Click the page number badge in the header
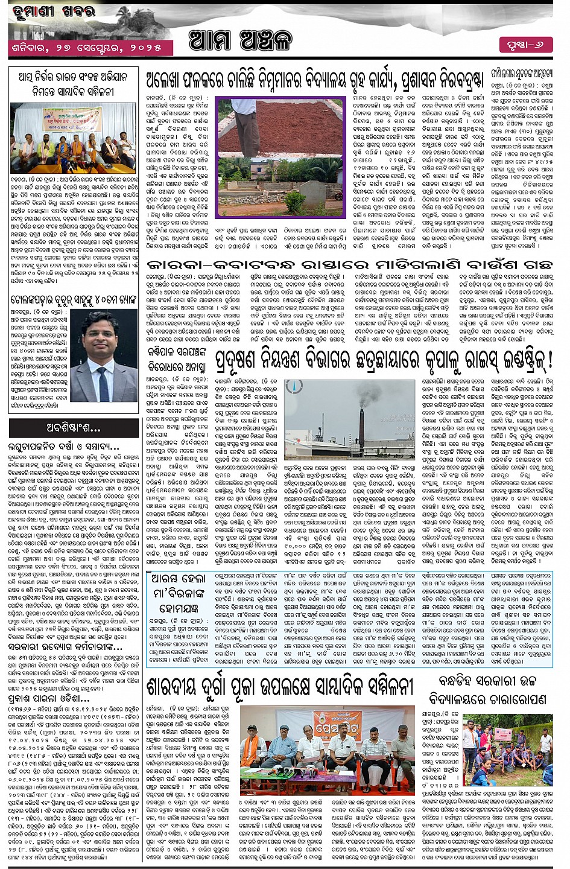tap(525, 43)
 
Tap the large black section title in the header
tap(240, 41)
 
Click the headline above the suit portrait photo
tap(72, 299)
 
